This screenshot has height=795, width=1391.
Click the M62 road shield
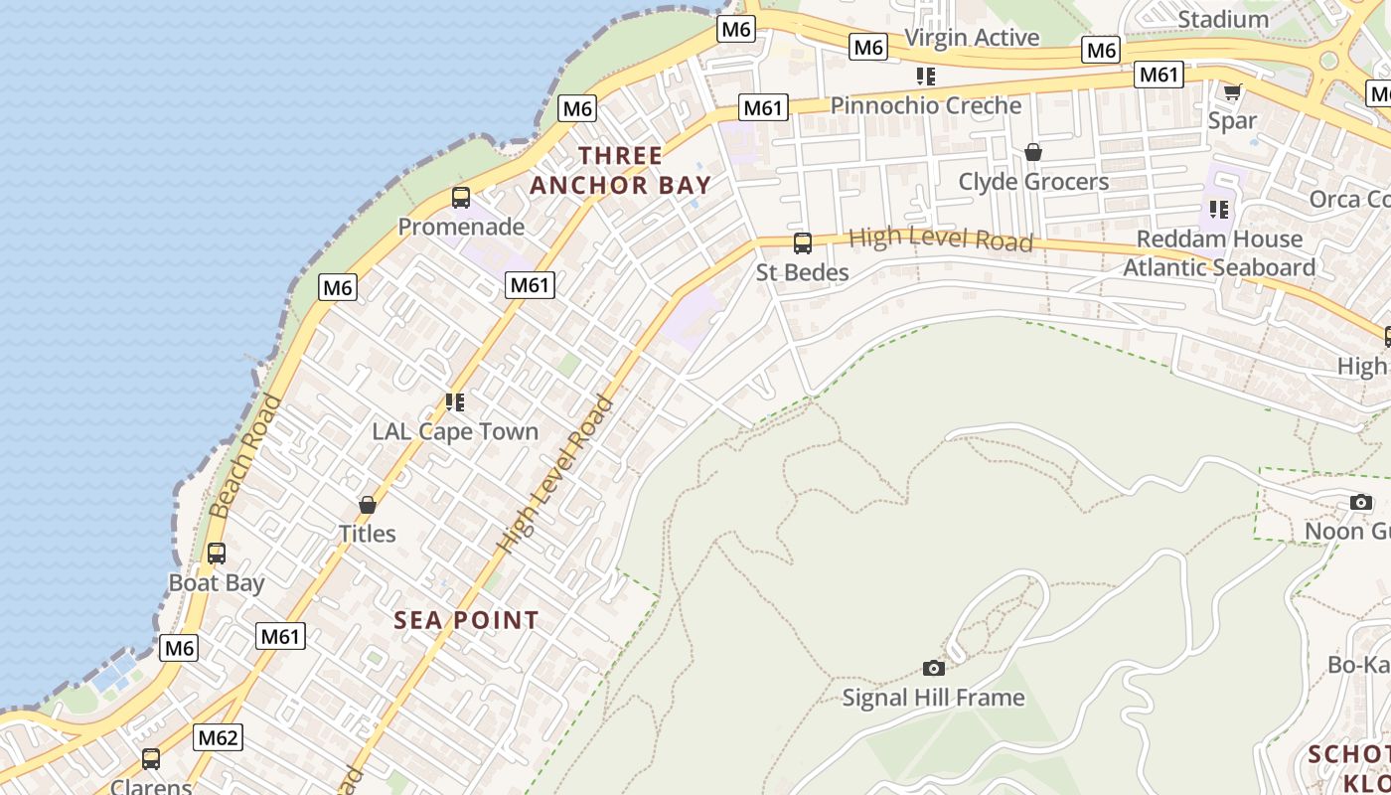point(218,737)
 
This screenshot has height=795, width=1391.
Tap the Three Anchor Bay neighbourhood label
point(621,170)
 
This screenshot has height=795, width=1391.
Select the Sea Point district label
point(466,620)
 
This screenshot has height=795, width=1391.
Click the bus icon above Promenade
point(461,198)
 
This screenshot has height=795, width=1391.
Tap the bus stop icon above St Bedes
point(803,243)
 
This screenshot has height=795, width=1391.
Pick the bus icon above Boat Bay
point(217,554)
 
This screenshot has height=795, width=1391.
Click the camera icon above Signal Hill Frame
point(934,668)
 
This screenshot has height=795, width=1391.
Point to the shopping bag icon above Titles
point(368,505)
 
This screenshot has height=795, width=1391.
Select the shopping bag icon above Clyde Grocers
point(1033,152)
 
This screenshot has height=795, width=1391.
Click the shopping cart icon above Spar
point(1232,92)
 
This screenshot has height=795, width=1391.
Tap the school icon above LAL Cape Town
point(455,402)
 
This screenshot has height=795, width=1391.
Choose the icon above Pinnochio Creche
point(926,77)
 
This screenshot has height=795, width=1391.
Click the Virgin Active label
point(972,38)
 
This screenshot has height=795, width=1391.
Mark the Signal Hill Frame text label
point(933,698)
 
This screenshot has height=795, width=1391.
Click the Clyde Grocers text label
point(1033,182)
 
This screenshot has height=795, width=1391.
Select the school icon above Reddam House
point(1219,210)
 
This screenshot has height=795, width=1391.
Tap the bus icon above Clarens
point(151,759)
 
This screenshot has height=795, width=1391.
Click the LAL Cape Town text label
point(455,431)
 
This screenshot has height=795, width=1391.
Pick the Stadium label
point(1223,19)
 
